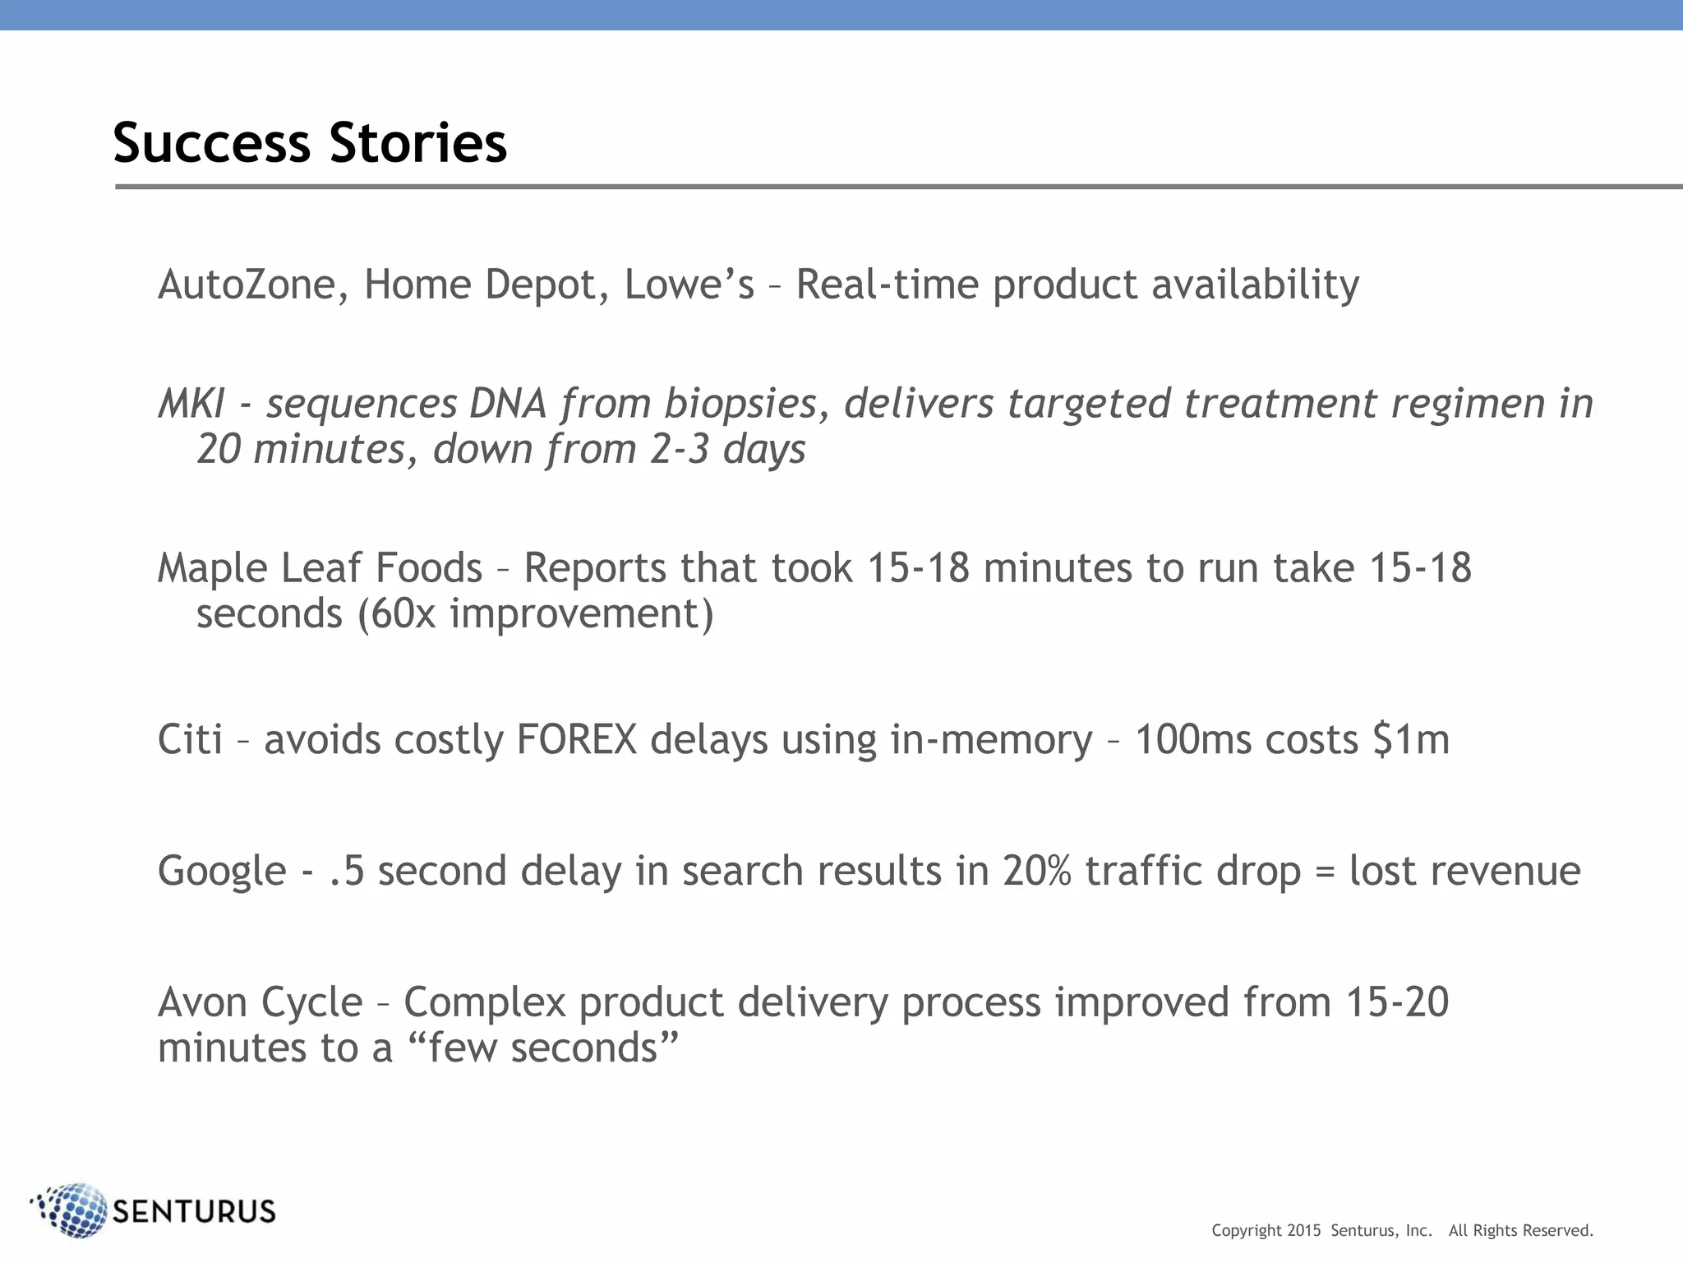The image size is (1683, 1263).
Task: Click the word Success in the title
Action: (x=211, y=143)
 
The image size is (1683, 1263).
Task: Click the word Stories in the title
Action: (x=418, y=143)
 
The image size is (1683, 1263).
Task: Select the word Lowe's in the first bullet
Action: (x=689, y=285)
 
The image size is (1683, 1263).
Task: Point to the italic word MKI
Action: (x=191, y=404)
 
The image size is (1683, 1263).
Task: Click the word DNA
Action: (x=507, y=404)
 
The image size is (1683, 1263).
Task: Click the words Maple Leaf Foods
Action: (x=320, y=568)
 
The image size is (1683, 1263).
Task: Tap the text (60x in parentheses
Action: (x=396, y=614)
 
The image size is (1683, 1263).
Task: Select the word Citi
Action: (x=190, y=739)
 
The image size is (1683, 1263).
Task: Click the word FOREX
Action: (x=576, y=739)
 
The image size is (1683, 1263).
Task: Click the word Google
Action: (x=222, y=871)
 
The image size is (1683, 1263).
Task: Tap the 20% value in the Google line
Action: (x=1036, y=871)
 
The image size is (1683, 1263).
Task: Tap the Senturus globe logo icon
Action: (x=71, y=1210)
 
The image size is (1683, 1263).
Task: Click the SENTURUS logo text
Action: (x=194, y=1211)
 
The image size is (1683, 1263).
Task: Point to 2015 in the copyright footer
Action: (x=1303, y=1231)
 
